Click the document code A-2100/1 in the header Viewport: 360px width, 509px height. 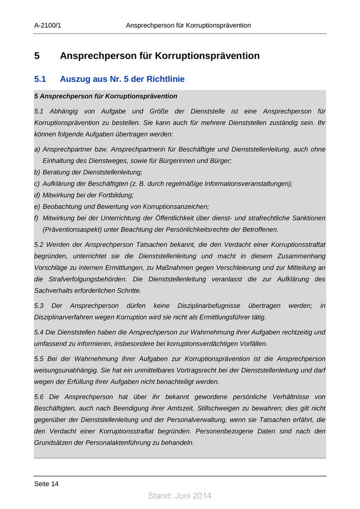47,25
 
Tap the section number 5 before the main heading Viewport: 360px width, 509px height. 37,56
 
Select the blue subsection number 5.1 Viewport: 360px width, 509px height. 40,80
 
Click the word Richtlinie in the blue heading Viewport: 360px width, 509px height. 166,80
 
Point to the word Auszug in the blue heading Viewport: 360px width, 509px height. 75,80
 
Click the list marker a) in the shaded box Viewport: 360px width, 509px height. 37,150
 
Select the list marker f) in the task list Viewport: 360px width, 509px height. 37,218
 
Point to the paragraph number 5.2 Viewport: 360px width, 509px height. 39,245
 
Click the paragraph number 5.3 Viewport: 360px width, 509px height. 39,306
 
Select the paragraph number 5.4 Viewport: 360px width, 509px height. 39,333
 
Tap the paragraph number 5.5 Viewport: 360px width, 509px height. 39,359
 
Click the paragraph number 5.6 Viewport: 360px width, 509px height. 39,397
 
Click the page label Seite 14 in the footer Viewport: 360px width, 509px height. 46,484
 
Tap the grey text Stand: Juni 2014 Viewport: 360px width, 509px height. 179,496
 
